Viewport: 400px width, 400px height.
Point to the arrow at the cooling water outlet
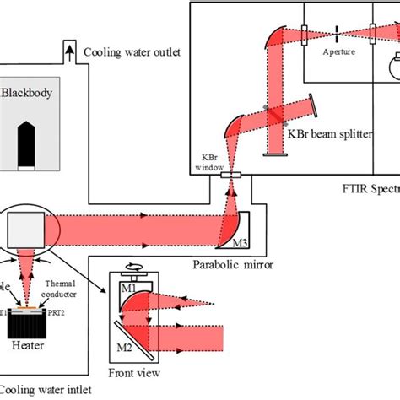pyautogui.click(x=69, y=53)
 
